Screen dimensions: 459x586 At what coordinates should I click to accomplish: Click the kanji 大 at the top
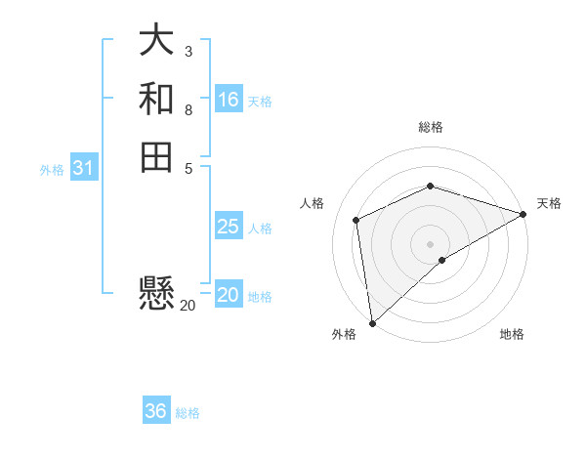(156, 41)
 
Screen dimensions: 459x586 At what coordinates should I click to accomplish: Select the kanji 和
(156, 99)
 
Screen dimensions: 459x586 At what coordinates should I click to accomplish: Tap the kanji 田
(156, 156)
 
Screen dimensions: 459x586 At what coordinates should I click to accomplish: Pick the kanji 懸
(156, 292)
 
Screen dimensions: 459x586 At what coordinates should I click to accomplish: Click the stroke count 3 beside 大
(188, 51)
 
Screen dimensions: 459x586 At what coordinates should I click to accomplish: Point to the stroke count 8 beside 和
(188, 109)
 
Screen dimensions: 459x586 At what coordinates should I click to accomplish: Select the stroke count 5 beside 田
(188, 167)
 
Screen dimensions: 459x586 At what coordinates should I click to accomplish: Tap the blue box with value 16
(229, 100)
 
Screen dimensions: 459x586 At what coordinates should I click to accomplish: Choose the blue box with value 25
(229, 227)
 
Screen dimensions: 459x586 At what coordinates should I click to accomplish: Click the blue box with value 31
(84, 168)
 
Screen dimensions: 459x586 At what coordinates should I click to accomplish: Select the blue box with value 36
(156, 411)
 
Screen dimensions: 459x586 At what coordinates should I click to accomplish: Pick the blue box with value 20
(229, 295)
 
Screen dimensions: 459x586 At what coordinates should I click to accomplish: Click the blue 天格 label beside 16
(260, 102)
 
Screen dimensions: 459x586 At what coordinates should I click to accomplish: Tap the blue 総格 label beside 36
(188, 413)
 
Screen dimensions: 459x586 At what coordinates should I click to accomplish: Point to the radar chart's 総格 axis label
(430, 127)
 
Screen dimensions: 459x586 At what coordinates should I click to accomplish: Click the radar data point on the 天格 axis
(523, 214)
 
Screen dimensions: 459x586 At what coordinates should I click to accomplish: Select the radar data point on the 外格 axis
(372, 322)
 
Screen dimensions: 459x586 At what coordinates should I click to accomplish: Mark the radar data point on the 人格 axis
(356, 220)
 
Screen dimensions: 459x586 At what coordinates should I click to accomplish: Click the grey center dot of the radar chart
(430, 243)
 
